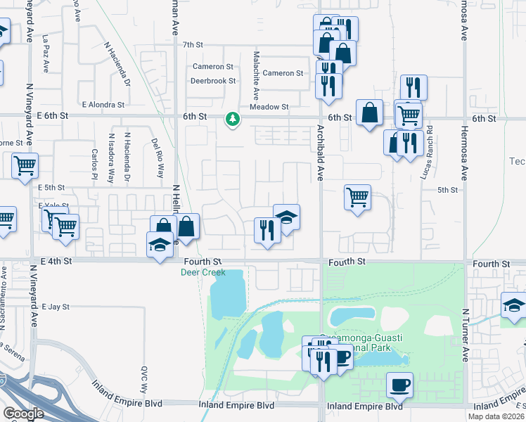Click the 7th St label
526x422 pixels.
point(192,44)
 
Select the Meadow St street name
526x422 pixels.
point(275,107)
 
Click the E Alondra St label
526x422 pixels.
point(103,104)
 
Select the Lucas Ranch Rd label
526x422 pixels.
point(427,152)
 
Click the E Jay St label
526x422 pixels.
point(56,307)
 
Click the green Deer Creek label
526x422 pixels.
point(203,271)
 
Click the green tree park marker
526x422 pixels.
point(232,120)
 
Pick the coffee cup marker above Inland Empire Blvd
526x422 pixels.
point(399,384)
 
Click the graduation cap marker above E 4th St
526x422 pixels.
point(160,245)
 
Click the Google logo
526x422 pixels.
point(23,414)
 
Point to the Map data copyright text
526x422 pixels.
point(496,416)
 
